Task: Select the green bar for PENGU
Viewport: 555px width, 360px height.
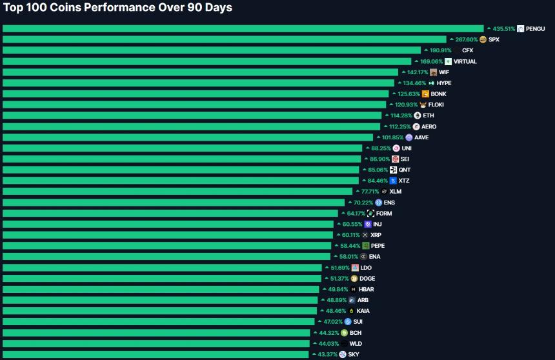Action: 243,28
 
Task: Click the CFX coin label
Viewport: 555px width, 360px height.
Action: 467,50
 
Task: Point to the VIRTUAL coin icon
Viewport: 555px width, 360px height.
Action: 448,61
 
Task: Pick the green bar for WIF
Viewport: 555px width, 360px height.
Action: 200,72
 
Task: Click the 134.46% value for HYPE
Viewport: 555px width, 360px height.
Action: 414,83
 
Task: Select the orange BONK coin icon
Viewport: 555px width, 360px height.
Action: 425,94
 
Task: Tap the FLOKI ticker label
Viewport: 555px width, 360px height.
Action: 436,105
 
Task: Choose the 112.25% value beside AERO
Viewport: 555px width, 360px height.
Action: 400,126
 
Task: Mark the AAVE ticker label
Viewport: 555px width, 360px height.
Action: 421,137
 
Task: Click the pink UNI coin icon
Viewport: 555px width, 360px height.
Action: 396,148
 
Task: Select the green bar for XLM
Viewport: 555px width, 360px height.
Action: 177,192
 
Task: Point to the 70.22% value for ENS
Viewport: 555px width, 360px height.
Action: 364,203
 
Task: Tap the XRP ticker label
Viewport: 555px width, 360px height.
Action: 376,235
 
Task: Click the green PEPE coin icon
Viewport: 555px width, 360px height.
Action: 365,246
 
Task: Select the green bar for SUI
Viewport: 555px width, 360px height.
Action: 159,321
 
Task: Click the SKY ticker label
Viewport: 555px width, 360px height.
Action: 354,354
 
